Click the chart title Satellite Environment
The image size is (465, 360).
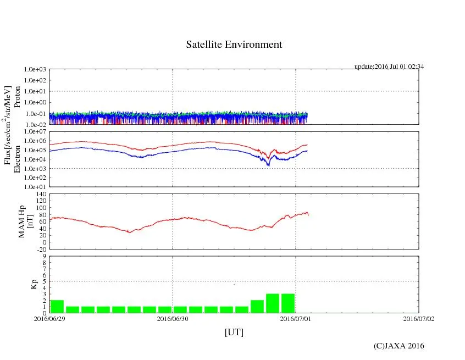234,45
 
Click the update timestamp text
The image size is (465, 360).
389,67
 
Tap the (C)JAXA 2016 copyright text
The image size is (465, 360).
398,346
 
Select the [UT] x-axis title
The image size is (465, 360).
234,332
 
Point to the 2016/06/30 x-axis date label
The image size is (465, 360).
173,318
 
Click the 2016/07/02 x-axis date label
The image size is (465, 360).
418,318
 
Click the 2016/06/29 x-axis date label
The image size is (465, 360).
49,318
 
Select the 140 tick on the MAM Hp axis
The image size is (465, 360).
41,194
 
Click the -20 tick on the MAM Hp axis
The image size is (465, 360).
41,249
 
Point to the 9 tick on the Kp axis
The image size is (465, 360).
44,256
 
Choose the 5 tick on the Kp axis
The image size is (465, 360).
44,281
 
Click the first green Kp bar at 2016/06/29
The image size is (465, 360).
57,306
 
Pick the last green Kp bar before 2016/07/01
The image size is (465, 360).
288,303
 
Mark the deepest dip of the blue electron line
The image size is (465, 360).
268,165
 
